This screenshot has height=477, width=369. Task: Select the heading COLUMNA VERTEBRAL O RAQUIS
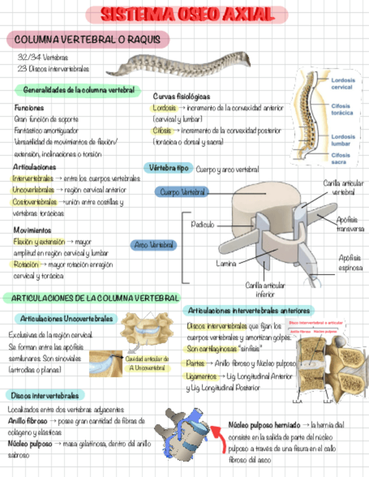88,39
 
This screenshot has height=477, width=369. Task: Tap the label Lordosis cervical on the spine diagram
342,84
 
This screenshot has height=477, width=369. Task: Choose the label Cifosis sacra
341,159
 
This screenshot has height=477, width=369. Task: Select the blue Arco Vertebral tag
154,245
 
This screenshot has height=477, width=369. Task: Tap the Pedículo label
202,224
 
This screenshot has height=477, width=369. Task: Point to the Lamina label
226,263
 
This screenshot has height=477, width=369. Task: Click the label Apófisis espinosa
350,263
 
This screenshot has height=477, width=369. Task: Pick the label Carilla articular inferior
265,290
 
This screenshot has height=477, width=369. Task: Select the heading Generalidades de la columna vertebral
78,90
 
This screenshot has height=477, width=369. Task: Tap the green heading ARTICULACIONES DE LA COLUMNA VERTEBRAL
92,298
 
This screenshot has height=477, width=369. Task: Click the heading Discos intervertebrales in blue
44,395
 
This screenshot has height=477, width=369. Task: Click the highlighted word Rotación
27,264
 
